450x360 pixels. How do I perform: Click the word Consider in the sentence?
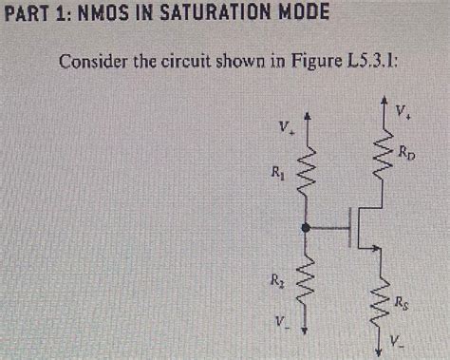[92, 64]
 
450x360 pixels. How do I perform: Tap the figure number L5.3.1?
[363, 64]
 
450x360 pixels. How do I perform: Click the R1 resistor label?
[276, 173]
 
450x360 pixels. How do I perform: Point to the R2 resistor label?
[276, 281]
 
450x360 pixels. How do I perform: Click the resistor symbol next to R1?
[304, 173]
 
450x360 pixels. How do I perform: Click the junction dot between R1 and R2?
[304, 228]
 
